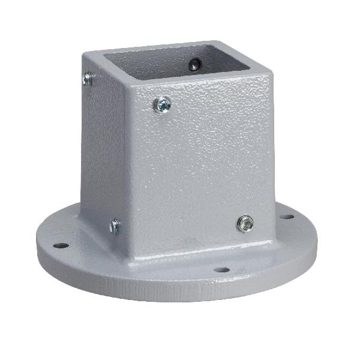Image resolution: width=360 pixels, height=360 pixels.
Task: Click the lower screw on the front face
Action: click(x=244, y=224)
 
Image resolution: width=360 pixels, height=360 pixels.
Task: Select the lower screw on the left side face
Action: click(x=115, y=226)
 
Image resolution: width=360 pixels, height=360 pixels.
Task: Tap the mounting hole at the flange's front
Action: click(x=221, y=271)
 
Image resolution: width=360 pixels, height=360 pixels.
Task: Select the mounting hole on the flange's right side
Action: click(x=287, y=217)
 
